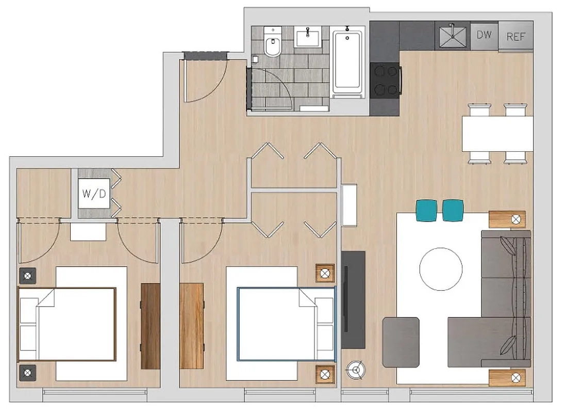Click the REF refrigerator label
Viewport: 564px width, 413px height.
pos(515,36)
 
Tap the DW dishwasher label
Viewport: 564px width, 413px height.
pos(484,35)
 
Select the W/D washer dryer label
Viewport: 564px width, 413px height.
pos(93,195)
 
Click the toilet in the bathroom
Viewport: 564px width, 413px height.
pos(271,44)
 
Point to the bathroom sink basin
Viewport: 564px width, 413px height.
pos(308,37)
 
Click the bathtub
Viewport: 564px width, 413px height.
pos(347,62)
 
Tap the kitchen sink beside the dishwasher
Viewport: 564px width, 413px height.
pos(452,35)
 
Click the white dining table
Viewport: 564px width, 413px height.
pos(497,133)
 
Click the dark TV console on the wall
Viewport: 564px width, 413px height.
pos(353,299)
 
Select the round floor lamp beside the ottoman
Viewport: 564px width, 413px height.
pos(354,369)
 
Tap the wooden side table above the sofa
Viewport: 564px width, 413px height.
pos(507,219)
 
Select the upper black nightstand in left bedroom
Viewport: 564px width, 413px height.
pos(27,276)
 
